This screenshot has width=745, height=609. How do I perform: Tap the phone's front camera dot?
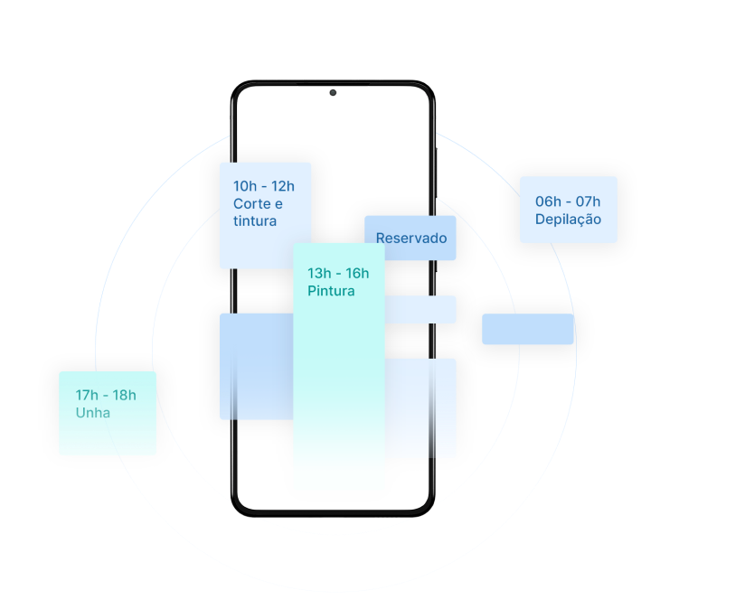333,92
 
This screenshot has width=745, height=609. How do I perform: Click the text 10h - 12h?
264,186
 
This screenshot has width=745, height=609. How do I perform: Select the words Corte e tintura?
258,212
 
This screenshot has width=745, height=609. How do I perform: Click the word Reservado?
411,239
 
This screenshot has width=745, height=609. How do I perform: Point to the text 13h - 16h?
338,273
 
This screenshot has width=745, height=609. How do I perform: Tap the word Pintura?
331,291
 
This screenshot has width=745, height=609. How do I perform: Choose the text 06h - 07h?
568,201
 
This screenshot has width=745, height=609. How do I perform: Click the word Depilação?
568,220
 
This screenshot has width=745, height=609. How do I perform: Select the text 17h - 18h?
106,395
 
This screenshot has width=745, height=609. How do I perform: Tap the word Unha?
93,413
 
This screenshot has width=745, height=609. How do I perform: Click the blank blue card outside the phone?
528,329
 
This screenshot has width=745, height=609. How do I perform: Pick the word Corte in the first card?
252,204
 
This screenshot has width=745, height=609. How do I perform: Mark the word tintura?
255,221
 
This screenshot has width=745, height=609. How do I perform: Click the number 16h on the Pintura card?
356,273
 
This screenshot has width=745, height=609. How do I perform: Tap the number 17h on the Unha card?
88,395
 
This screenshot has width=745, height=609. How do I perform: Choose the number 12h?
283,186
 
